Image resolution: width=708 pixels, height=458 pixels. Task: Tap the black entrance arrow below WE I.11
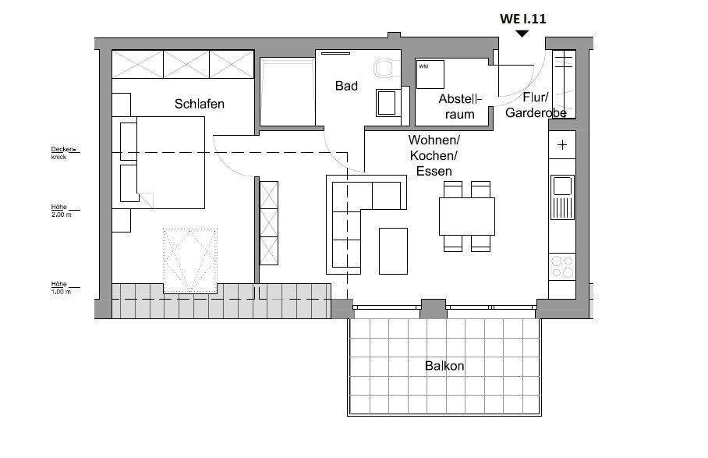(x=522, y=33)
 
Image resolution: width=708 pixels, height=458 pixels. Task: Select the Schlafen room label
(x=200, y=103)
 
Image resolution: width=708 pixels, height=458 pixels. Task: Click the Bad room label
(x=346, y=86)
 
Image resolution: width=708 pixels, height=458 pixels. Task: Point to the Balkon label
(x=444, y=365)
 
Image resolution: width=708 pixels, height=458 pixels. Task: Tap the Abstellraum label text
(x=461, y=106)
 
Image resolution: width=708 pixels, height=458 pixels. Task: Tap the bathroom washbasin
(x=387, y=101)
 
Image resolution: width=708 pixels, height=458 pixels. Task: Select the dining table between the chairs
(x=467, y=216)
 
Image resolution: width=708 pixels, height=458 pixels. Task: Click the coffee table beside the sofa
(x=393, y=250)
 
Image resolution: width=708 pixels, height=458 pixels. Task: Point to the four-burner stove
(x=561, y=267)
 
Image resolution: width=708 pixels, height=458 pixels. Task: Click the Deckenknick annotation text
(x=62, y=152)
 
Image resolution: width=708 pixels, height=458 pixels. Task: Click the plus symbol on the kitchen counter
(x=562, y=145)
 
